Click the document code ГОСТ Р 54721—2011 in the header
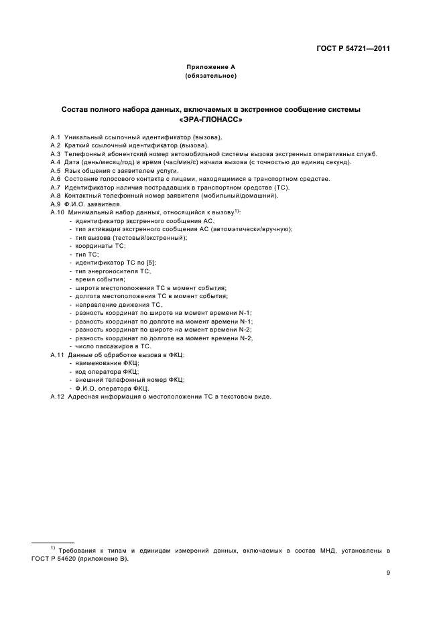(x=353, y=48)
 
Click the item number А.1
(x=56, y=137)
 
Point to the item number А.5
(x=56, y=170)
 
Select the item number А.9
(x=56, y=204)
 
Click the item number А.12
(x=58, y=397)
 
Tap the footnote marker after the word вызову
(x=237, y=210)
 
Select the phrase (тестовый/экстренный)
(x=150, y=237)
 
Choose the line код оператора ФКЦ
(x=107, y=371)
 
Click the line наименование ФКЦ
(x=106, y=363)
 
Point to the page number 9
(x=389, y=572)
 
